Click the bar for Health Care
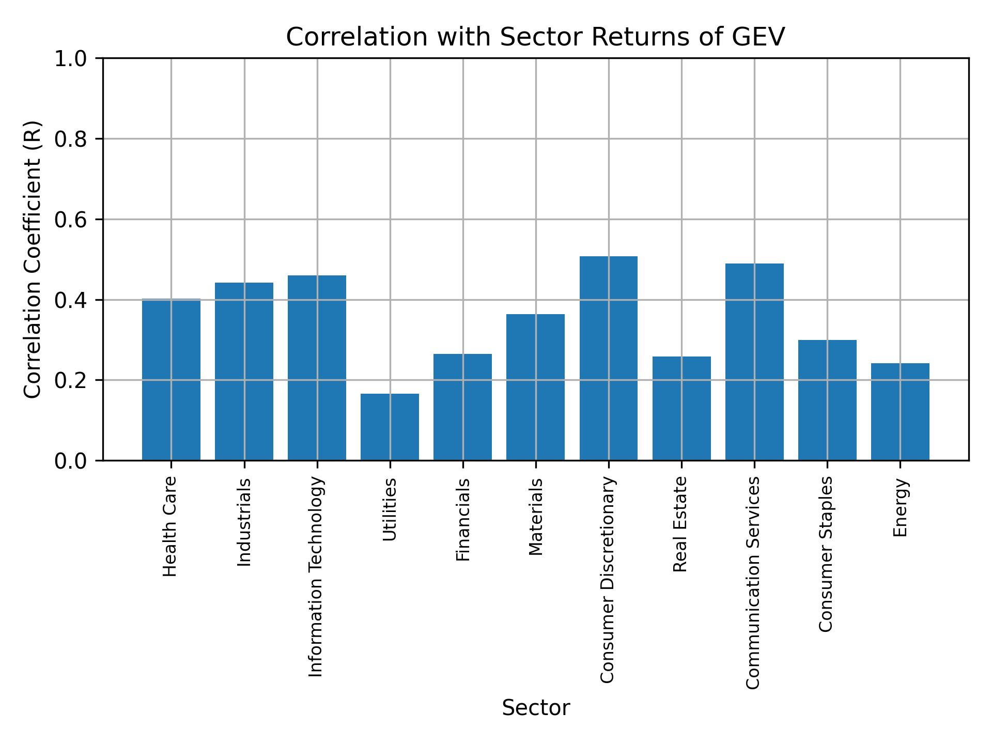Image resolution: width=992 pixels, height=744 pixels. [x=171, y=380]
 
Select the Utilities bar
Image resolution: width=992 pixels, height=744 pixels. [x=390, y=427]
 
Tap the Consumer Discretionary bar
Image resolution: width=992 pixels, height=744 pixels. [x=608, y=358]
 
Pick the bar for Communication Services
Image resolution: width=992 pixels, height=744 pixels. [x=754, y=362]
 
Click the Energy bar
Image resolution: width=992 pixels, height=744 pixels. [x=900, y=411]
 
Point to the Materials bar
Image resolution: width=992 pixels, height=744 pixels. [x=535, y=387]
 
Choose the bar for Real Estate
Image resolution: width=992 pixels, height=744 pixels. [x=681, y=408]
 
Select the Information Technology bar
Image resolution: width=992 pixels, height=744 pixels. [x=317, y=367]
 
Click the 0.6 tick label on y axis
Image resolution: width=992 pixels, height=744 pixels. [x=71, y=220]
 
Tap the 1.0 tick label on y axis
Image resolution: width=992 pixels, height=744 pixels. [x=71, y=59]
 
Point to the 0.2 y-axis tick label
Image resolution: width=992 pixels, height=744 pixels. [x=71, y=380]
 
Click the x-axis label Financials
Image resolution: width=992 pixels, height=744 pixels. [x=463, y=519]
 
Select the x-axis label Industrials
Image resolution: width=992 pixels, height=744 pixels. [x=244, y=522]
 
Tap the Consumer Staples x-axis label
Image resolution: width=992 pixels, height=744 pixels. [x=827, y=554]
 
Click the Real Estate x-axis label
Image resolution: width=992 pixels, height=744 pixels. [x=681, y=524]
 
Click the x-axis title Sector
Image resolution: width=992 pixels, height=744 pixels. [x=536, y=708]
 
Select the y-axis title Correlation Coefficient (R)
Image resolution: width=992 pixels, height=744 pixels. [x=33, y=259]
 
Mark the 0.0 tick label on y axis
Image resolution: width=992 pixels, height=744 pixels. [x=71, y=461]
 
